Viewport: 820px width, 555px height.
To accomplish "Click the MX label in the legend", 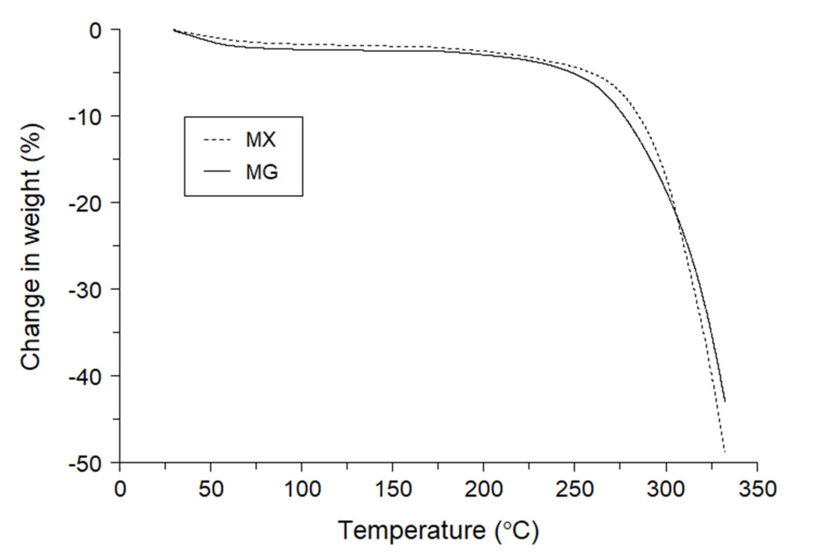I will [x=260, y=140].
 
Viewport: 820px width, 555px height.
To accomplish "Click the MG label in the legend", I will [x=262, y=172].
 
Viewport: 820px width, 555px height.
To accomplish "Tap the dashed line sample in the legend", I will [x=217, y=140].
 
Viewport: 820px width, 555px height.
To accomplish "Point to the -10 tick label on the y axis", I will [x=85, y=117].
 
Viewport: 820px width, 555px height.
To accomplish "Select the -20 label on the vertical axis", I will [x=85, y=203].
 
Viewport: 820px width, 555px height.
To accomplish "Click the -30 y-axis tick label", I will [x=85, y=289].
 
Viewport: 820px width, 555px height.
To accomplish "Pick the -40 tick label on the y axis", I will [x=85, y=376].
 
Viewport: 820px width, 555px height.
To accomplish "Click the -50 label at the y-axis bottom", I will [x=85, y=464].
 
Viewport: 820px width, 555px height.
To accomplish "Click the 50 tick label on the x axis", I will [x=211, y=489].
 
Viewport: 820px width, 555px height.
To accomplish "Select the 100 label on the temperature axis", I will [x=302, y=489].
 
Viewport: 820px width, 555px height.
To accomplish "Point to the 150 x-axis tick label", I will [x=393, y=489].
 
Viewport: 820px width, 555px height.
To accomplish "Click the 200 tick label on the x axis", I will [x=483, y=489].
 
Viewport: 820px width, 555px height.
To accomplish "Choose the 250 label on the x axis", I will [x=574, y=489].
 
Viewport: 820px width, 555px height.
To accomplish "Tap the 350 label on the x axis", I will [x=757, y=489].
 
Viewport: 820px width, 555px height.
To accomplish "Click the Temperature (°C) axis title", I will [x=438, y=530].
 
